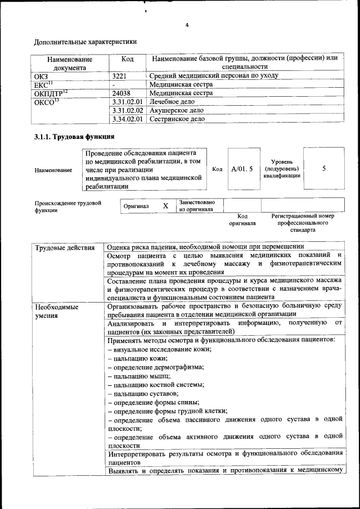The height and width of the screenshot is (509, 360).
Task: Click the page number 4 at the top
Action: [187, 25]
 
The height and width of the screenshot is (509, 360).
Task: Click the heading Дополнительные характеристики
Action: [85, 42]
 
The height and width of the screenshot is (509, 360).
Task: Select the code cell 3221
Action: [119, 75]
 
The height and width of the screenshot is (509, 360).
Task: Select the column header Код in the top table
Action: [128, 58]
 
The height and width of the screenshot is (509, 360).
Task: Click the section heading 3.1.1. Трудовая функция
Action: [74, 137]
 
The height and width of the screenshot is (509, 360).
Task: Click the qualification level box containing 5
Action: [323, 168]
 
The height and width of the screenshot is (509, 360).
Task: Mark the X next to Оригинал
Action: [165, 206]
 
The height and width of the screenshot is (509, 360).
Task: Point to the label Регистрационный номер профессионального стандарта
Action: [303, 223]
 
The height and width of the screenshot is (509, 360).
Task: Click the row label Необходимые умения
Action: [57, 312]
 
